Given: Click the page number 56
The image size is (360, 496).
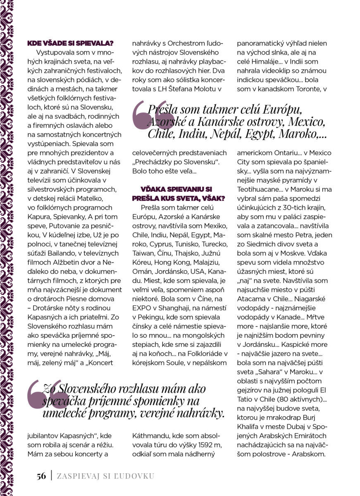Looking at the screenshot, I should [41, 476].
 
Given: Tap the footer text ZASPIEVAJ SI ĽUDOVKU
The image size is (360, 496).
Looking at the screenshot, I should [105, 476].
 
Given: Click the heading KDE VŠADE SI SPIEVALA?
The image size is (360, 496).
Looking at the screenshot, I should [70, 43].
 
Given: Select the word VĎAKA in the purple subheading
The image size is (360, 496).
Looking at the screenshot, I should [154, 189].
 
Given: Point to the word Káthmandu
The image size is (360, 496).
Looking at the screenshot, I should [151, 436].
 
